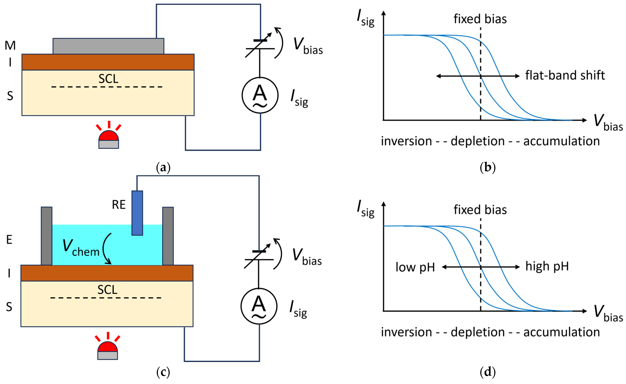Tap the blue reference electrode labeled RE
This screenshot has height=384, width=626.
coord(137,213)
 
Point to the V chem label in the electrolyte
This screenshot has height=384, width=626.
coord(81,248)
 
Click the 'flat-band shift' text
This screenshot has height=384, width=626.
coord(565,76)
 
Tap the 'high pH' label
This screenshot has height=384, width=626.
coord(547,266)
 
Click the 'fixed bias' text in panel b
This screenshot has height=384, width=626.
coord(480,19)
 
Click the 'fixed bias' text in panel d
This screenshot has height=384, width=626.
coord(480,210)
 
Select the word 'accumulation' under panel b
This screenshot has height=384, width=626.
coord(561,141)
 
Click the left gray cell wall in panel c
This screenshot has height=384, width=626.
coord(47,236)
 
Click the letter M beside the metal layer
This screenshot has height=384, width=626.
coord(10,45)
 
